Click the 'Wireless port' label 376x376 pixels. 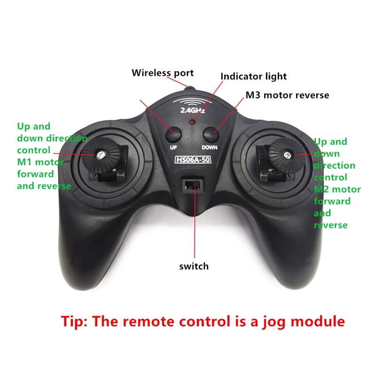click(163, 73)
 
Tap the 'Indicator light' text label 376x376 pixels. click(253, 77)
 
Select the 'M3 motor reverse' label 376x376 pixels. click(287, 95)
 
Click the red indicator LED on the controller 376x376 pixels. click(192, 122)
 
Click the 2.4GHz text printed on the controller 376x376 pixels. click(193, 110)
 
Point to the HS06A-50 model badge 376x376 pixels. click(193, 160)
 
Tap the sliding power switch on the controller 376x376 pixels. click(193, 185)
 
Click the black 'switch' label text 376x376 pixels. click(194, 266)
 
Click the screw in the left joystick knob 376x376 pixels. click(101, 155)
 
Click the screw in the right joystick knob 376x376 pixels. click(287, 156)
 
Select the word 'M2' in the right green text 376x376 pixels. click(321, 189)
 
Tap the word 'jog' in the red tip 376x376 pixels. click(274, 322)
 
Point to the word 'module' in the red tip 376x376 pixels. click(318, 321)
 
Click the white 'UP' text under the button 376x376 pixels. click(173, 148)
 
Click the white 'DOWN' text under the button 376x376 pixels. click(209, 148)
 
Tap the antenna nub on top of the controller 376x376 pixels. click(190, 89)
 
